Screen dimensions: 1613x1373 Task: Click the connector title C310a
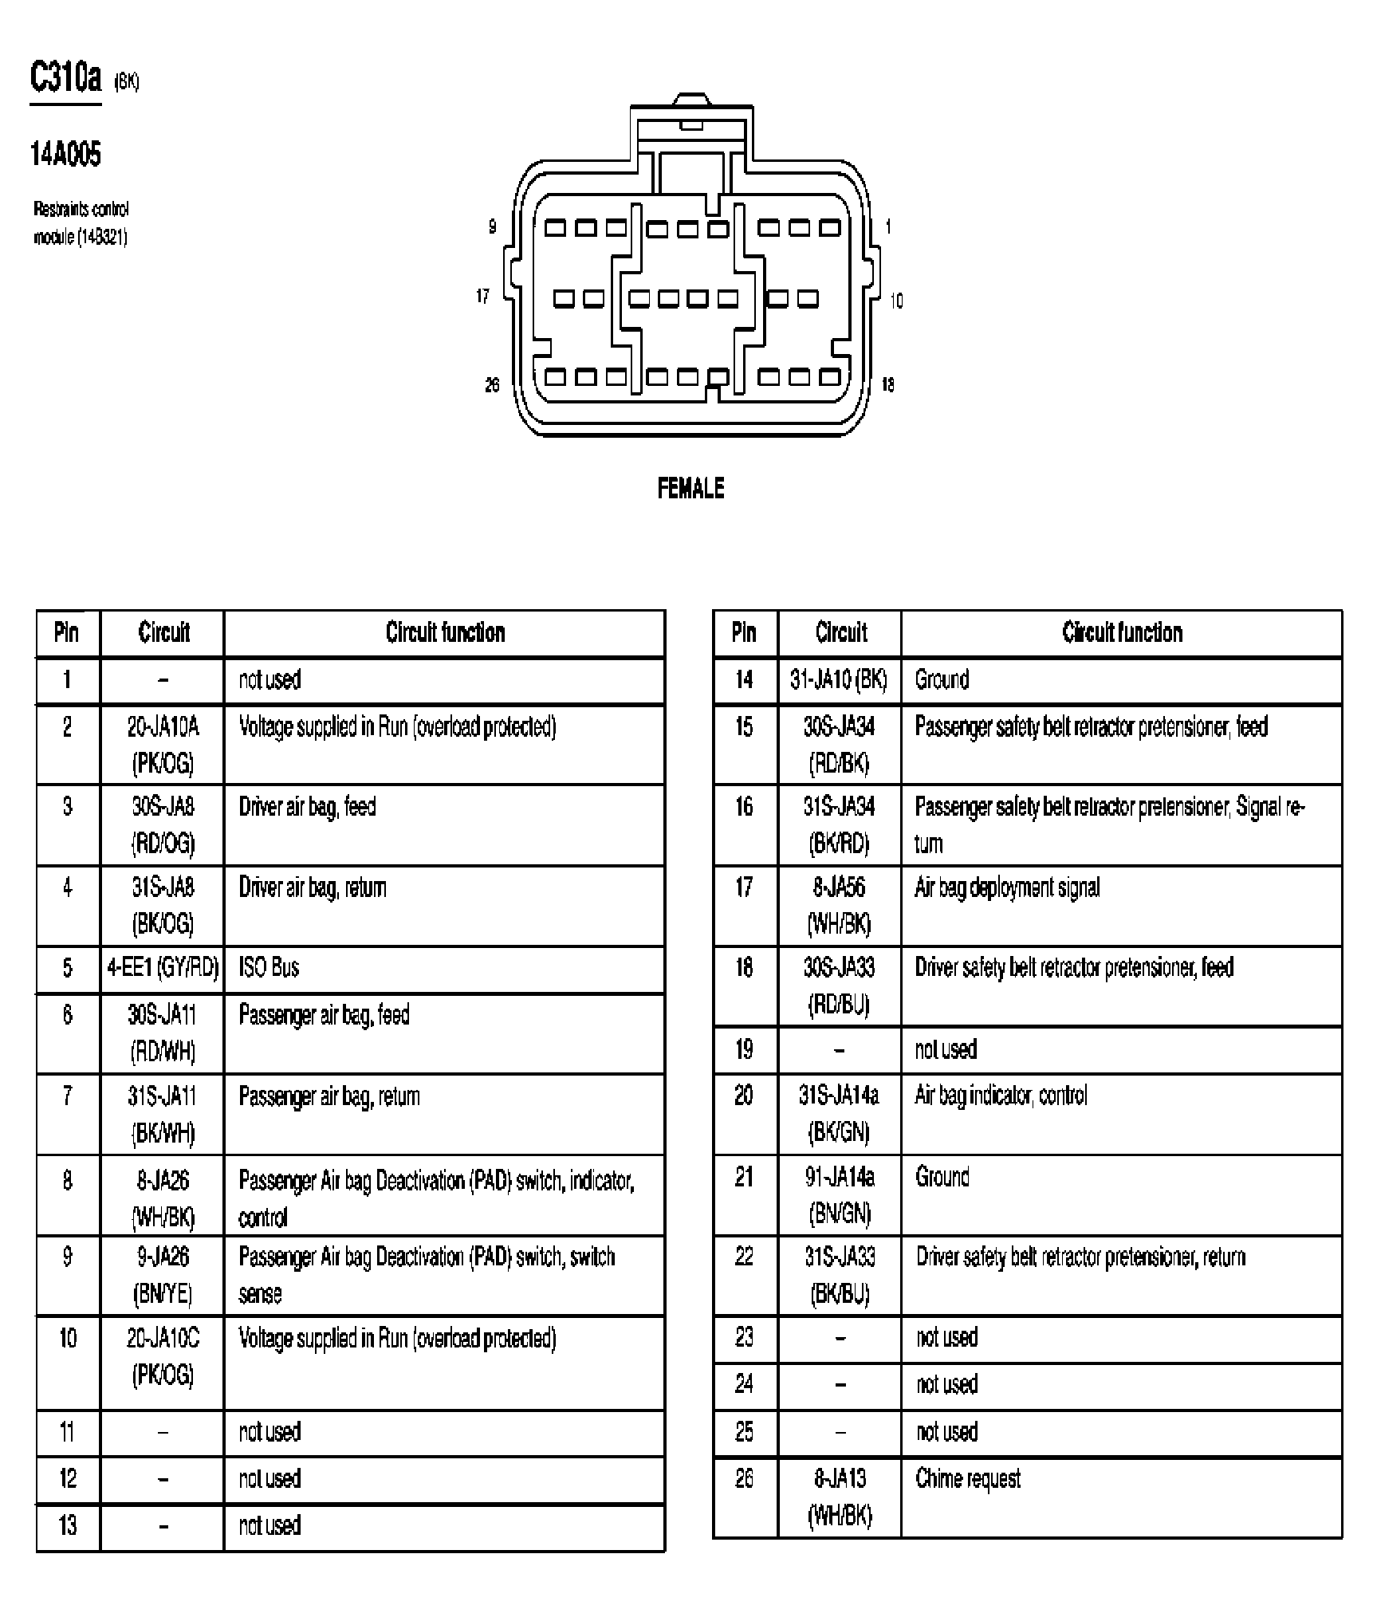[x=65, y=79]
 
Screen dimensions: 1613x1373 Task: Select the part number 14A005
[x=65, y=154]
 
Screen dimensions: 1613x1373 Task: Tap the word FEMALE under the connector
[x=690, y=488]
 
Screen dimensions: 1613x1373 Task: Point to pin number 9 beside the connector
[x=492, y=227]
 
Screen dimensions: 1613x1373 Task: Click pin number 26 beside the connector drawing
[x=492, y=385]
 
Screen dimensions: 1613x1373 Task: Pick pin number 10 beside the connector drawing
[x=896, y=301]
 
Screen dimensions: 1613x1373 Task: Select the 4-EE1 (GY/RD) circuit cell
[x=163, y=968]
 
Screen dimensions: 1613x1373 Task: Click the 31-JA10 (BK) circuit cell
[x=839, y=679]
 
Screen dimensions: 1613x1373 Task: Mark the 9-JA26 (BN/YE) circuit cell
[x=163, y=1275]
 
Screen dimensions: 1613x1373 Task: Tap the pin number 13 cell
[x=68, y=1525]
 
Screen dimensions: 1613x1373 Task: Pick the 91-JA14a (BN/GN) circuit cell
[x=840, y=1194]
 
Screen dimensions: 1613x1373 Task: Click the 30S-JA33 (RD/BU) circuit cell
[x=839, y=985]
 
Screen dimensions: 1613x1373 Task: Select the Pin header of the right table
[x=744, y=633]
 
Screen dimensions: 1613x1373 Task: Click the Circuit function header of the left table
[x=445, y=633]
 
